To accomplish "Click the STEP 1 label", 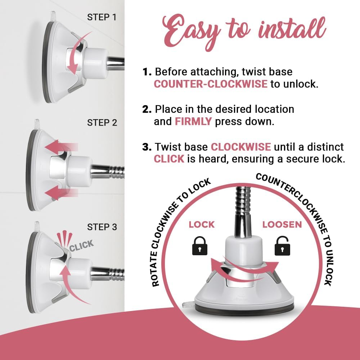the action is [102, 17].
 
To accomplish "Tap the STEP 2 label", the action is [102, 123].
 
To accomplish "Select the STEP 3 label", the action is [102, 227].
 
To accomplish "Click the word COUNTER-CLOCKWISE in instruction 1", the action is [211, 84].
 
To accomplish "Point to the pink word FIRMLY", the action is [193, 121].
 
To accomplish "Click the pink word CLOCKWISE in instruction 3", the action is [241, 147].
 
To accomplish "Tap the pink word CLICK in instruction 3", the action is [169, 159].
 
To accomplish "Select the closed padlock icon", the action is [199, 246].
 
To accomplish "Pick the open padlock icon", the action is [282, 246].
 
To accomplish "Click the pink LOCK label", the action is [202, 225].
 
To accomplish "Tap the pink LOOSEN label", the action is [282, 225].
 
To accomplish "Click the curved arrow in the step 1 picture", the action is [77, 54].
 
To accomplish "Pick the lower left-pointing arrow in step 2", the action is [61, 192].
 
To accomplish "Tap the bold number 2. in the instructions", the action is [147, 109].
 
